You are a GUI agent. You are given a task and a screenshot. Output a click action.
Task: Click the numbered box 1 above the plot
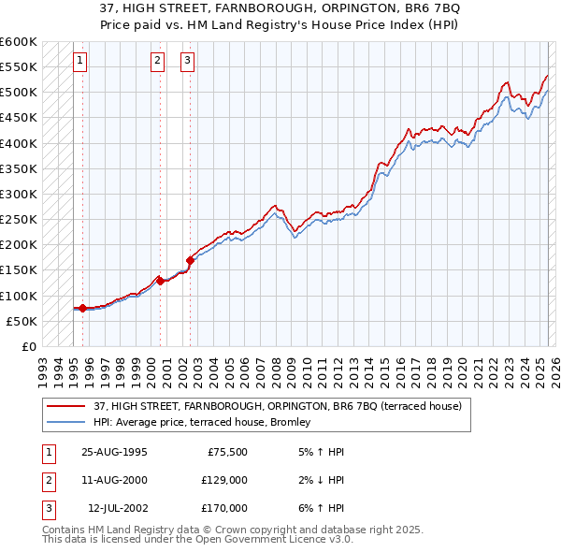coord(81,62)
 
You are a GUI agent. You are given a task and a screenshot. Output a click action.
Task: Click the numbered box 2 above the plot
coord(158,62)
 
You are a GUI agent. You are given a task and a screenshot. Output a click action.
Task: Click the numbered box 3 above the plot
coord(187,62)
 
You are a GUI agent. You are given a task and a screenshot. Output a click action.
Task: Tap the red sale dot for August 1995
coord(82,308)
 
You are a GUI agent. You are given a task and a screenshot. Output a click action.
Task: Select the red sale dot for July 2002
coord(190,260)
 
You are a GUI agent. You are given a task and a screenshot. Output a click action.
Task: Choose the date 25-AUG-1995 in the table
coord(114,452)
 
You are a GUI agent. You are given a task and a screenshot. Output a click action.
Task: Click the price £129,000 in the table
coord(224,480)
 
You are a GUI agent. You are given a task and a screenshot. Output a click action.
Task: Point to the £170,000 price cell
coord(224,508)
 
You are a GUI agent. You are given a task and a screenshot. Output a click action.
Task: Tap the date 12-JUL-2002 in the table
coord(117,508)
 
